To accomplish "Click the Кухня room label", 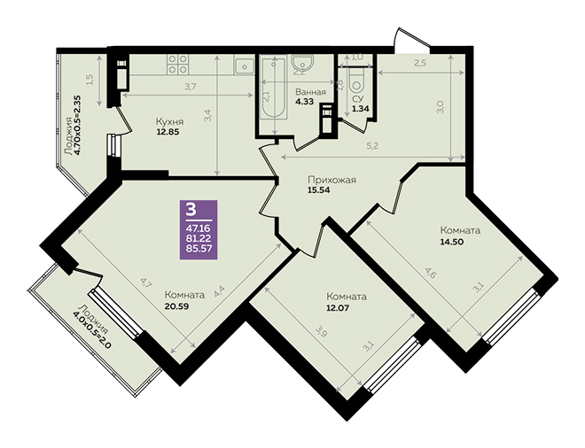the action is pyautogui.click(x=169, y=122).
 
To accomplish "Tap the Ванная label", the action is pyautogui.click(x=310, y=92).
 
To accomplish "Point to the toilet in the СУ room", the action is pyautogui.click(x=357, y=80).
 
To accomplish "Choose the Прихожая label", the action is pyautogui.click(x=331, y=180).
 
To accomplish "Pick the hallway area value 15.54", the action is pyautogui.click(x=319, y=189).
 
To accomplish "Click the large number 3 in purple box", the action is pyautogui.click(x=191, y=210).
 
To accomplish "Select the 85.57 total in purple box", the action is pyautogui.click(x=199, y=248).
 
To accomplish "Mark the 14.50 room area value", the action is pyautogui.click(x=451, y=242).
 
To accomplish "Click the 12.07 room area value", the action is pyautogui.click(x=338, y=308).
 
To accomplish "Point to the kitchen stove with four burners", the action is pyautogui.click(x=177, y=64).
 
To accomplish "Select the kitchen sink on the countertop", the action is pyautogui.click(x=245, y=66).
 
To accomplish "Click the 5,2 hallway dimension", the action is pyautogui.click(x=372, y=146).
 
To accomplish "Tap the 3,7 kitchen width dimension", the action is pyautogui.click(x=191, y=88).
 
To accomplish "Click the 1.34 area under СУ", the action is pyautogui.click(x=361, y=109).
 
